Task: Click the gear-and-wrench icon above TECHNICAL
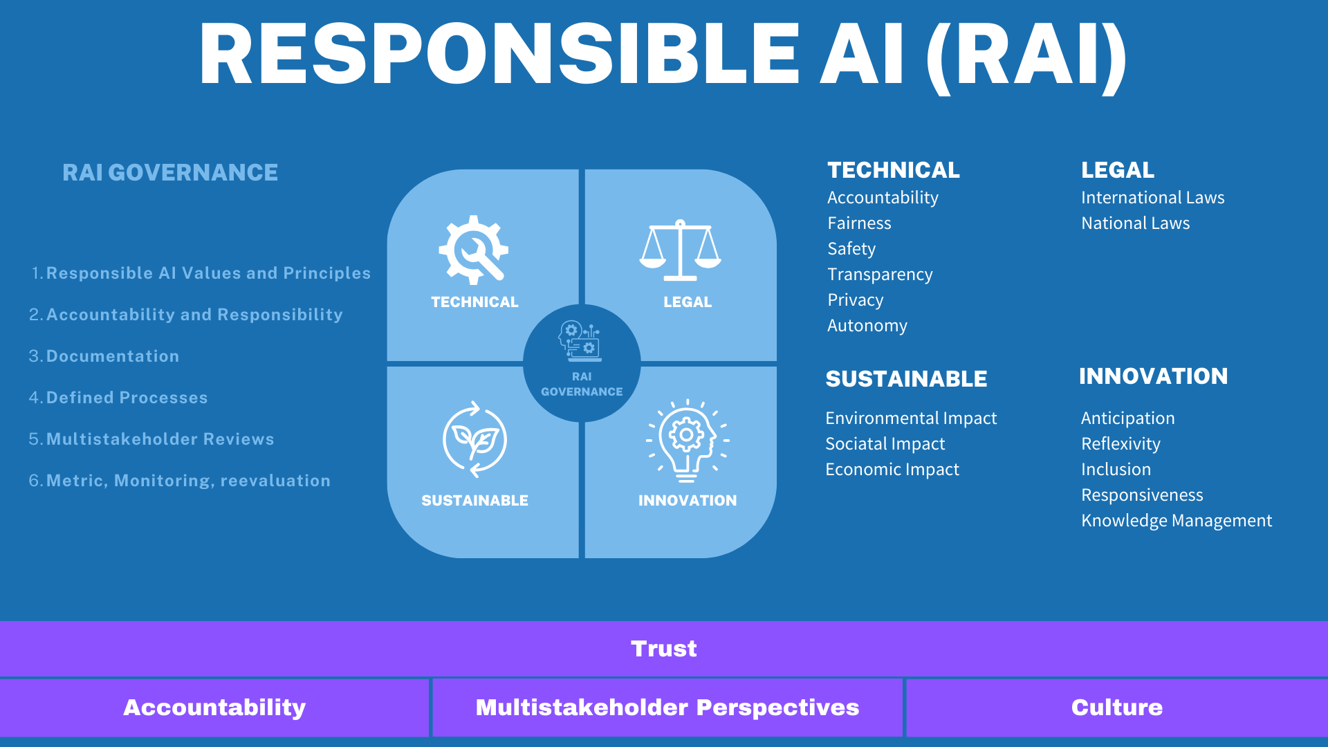[x=474, y=250]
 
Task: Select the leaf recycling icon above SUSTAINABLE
[x=474, y=439]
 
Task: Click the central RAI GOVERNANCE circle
[x=582, y=363]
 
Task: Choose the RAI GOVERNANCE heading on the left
[x=170, y=172]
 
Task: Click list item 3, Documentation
[x=112, y=356]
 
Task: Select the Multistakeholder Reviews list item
[x=160, y=439]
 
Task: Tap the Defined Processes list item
[x=127, y=398]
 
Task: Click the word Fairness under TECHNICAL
[x=859, y=223]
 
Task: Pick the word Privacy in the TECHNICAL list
[x=856, y=300]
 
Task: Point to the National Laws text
[x=1135, y=223]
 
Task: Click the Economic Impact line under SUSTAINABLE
[x=892, y=470]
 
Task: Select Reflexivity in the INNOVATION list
[x=1120, y=444]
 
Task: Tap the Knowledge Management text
[x=1177, y=521]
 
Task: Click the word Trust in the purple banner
[x=664, y=649]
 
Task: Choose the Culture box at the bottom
[x=1116, y=708]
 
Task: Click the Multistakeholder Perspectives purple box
[x=667, y=708]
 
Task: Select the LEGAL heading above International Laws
[x=1118, y=170]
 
